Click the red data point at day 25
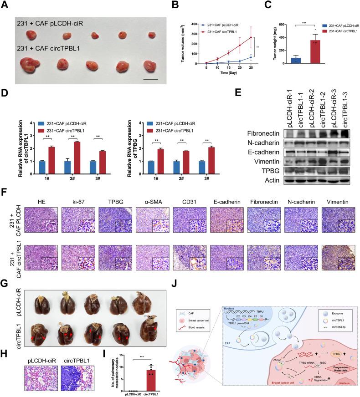(x=251, y=37)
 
